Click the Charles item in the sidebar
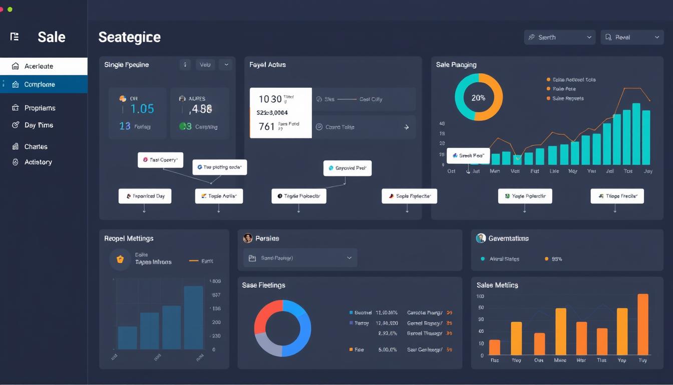(36, 147)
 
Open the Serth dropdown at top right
(559, 37)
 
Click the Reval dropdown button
(632, 37)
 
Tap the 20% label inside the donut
(478, 98)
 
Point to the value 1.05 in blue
(142, 109)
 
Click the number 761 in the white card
(266, 126)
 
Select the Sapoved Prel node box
(347, 168)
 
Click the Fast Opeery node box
(160, 160)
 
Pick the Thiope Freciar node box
(617, 196)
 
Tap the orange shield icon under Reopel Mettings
(120, 259)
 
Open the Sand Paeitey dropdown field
(300, 258)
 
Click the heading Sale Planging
(456, 65)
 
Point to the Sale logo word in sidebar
(51, 37)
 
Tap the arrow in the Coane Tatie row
(406, 127)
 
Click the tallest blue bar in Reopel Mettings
(193, 317)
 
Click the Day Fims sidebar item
(39, 125)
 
